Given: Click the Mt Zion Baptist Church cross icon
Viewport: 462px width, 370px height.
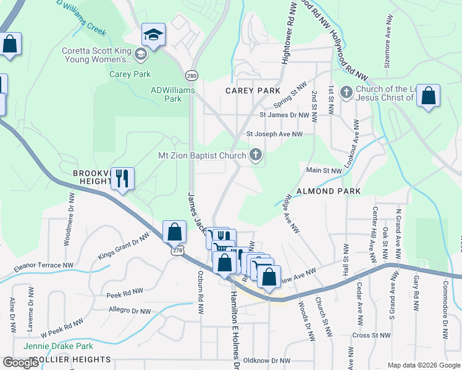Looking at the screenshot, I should (x=256, y=156).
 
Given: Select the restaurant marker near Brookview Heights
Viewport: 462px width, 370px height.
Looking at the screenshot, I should (x=122, y=179).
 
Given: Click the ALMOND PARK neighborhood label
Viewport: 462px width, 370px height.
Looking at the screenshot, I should (x=329, y=191).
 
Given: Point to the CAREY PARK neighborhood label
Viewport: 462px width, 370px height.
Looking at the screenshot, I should (x=253, y=91).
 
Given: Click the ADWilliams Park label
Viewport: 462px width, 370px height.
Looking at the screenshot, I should (x=173, y=94).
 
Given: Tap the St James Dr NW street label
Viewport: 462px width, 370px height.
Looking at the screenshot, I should (x=284, y=115).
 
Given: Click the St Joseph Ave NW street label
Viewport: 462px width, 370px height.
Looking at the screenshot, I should (x=275, y=134).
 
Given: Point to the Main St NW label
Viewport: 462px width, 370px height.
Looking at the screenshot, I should (x=324, y=170).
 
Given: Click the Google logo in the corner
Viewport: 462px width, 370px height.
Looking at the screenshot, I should (x=20, y=363).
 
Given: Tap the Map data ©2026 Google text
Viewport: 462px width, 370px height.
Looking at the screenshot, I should (x=424, y=365).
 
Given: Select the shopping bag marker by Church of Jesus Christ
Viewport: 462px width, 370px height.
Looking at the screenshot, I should (x=428, y=96).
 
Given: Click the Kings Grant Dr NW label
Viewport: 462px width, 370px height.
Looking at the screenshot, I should (x=124, y=246).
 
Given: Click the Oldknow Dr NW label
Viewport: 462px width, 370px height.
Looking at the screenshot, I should (x=267, y=360).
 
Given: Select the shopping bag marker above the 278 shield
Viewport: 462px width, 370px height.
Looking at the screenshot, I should (x=175, y=232).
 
